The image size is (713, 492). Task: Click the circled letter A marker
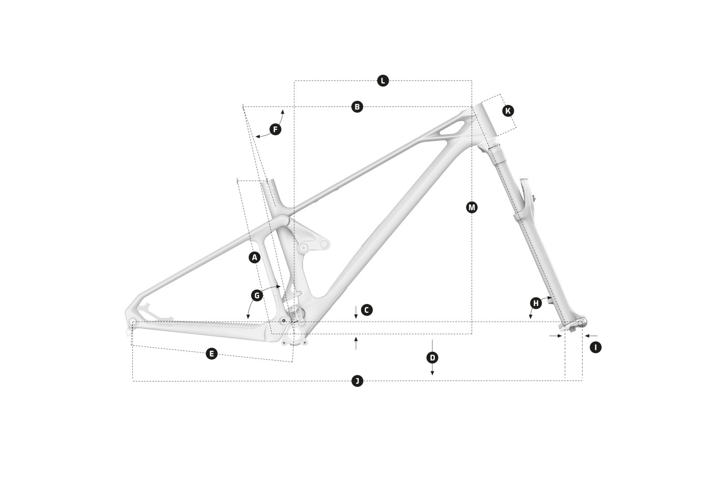tap(254, 257)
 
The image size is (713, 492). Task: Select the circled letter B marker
tap(357, 106)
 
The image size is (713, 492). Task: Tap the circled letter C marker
tap(367, 310)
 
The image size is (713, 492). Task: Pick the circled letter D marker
tap(432, 358)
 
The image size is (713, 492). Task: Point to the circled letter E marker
tap(212, 353)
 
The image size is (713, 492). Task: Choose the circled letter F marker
tap(276, 129)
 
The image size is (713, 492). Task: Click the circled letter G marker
tap(257, 295)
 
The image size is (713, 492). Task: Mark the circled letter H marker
tap(536, 303)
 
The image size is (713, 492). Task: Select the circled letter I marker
tap(595, 347)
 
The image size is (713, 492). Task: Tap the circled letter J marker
tap(358, 381)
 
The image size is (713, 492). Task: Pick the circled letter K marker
tap(508, 111)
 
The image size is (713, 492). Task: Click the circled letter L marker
tap(383, 80)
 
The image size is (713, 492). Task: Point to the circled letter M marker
tap(472, 207)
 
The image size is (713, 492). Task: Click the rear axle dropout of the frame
tap(133, 322)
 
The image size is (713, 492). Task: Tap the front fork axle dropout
tap(580, 323)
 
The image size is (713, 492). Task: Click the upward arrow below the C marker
tap(356, 343)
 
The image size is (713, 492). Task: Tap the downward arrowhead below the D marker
tap(432, 373)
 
